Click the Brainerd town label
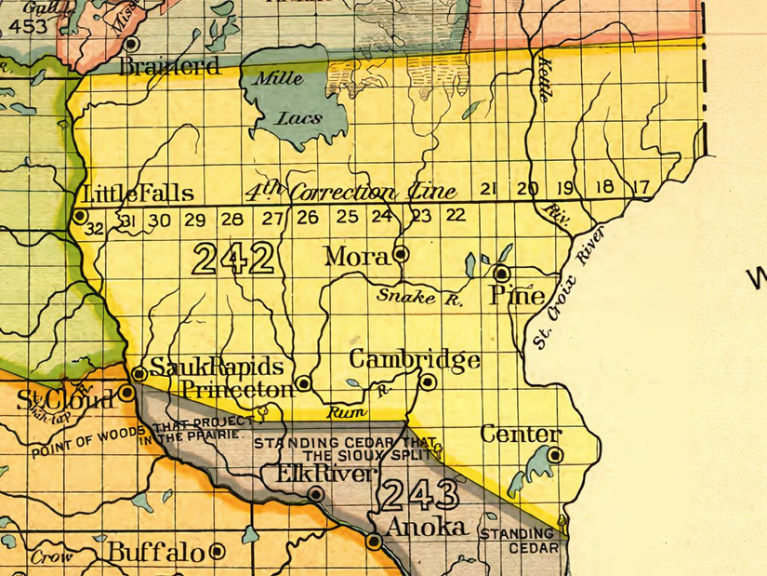tap(170, 67)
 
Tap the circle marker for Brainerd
tap(132, 44)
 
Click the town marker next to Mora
tap(401, 252)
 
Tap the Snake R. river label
tap(419, 297)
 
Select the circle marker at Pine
tap(501, 274)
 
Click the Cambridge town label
tap(415, 360)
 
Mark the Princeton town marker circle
tap(303, 382)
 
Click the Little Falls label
tap(139, 194)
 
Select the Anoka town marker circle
tap(374, 541)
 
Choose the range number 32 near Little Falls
tap(93, 227)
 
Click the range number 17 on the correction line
tap(641, 187)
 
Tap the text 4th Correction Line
tap(350, 193)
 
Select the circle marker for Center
tap(555, 455)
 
